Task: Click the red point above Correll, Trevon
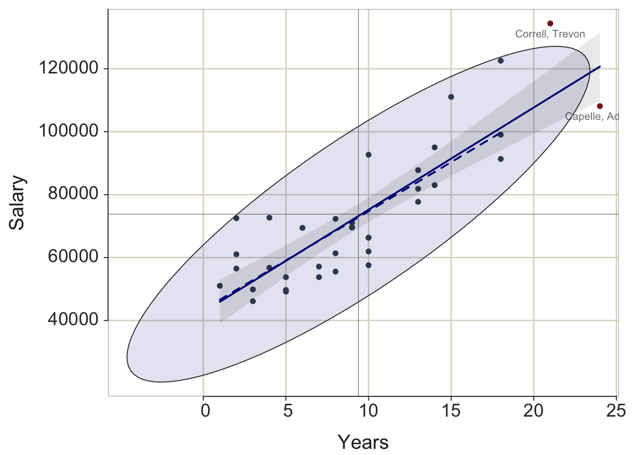tap(550, 23)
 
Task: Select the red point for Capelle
tap(600, 106)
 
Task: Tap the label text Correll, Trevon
tap(550, 34)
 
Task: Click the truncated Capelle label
tap(592, 117)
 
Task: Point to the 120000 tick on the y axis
tap(68, 69)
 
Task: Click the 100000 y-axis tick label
tap(68, 131)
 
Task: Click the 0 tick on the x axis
tap(204, 410)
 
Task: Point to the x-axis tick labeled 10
tap(368, 410)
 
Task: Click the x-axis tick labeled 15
tap(451, 410)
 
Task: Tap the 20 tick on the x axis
tap(534, 410)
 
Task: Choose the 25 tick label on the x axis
tap(616, 410)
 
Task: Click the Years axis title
tap(363, 442)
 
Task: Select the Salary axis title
tap(17, 202)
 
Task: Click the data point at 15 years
tap(451, 97)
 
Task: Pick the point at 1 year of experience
tap(220, 286)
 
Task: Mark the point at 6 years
tap(302, 228)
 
